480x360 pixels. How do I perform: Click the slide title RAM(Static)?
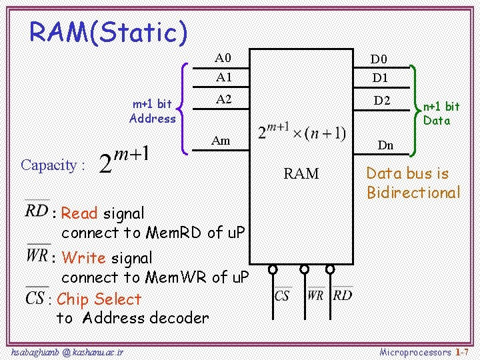108,31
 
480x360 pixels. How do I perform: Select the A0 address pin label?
223,58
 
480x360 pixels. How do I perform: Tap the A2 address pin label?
223,99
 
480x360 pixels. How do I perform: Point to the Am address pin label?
221,140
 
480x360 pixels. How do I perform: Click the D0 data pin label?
379,60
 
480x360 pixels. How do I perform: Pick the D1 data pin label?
379,78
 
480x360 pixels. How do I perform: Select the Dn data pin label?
385,145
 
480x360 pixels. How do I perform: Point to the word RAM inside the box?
301,174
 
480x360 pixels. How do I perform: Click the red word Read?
79,213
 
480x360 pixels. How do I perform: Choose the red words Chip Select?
99,299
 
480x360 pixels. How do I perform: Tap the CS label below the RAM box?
282,295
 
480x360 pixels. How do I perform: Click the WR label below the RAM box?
316,295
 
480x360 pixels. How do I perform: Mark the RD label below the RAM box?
343,295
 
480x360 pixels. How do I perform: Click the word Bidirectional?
413,193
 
